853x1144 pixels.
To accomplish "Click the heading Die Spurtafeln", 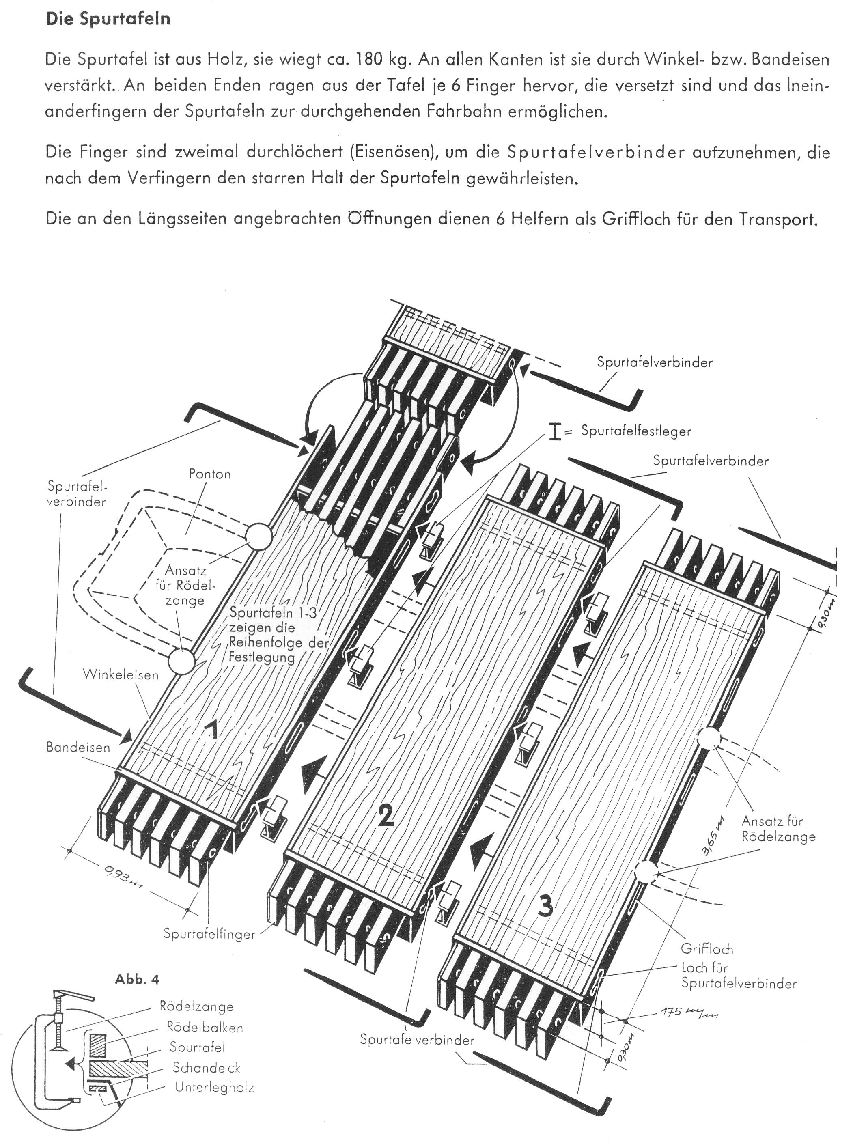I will coord(108,19).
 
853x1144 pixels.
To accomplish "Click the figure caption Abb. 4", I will coord(137,979).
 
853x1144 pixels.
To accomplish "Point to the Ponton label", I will coord(210,474).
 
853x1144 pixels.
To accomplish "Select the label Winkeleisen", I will coord(120,675).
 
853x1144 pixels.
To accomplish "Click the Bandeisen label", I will coord(78,747).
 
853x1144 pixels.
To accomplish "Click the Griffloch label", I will coord(707,948).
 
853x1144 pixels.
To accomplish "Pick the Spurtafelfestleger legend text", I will coord(635,431).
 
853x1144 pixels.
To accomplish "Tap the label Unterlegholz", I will coord(214,1088).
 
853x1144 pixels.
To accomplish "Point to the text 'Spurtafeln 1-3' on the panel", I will coord(273,613).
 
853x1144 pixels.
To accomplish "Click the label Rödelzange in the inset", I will coord(197,1007).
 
